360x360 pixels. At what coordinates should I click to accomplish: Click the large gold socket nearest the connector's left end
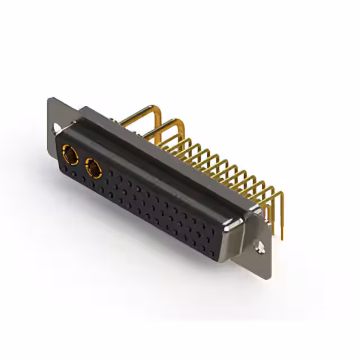[70, 153]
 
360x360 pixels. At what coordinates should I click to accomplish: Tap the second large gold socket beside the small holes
[93, 167]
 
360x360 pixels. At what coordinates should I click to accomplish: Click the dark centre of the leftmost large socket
[70, 154]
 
